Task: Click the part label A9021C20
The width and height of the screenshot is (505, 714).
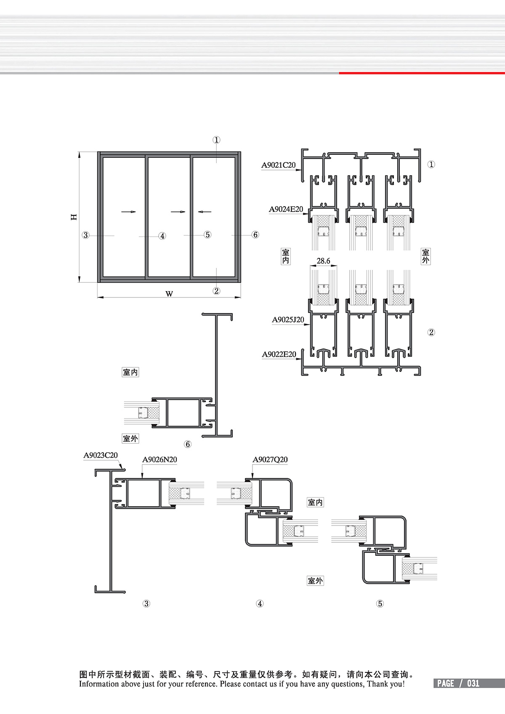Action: (278, 165)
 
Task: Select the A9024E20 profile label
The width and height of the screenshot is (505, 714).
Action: (286, 209)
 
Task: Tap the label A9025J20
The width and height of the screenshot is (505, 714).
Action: (288, 319)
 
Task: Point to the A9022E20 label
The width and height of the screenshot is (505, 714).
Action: (279, 354)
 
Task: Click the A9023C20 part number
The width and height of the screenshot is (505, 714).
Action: (101, 455)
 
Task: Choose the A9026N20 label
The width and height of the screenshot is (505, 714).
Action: (159, 459)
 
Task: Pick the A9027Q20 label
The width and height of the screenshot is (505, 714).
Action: (270, 459)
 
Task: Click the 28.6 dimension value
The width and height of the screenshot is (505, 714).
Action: (323, 261)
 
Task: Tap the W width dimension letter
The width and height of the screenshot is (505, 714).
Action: (169, 294)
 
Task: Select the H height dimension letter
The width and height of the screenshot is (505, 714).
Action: (74, 217)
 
